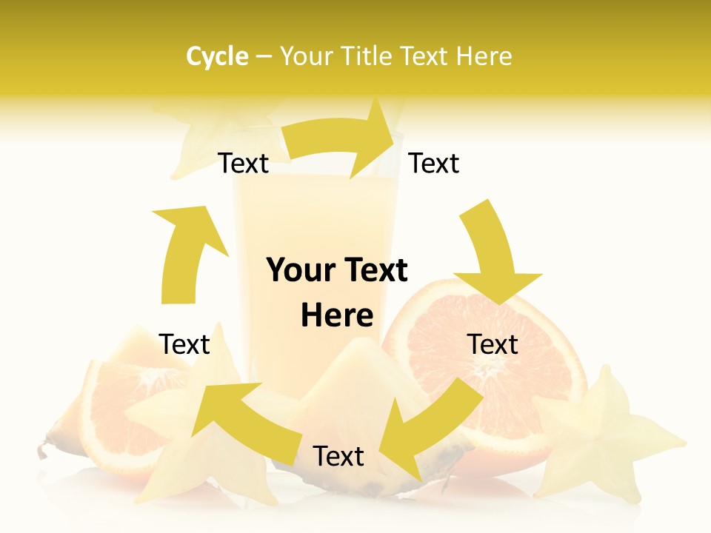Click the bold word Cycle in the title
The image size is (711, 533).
(217, 56)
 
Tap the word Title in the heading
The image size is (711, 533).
(369, 56)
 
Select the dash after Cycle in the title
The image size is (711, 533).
(264, 56)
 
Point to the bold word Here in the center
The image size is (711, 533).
(337, 316)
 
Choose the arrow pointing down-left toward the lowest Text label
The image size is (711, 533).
(430, 429)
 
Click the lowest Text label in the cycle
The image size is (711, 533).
(338, 456)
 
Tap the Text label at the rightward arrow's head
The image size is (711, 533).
(434, 163)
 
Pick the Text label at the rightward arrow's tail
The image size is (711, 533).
(244, 164)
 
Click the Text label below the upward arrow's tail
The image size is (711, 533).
(185, 344)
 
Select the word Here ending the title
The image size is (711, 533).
(485, 56)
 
